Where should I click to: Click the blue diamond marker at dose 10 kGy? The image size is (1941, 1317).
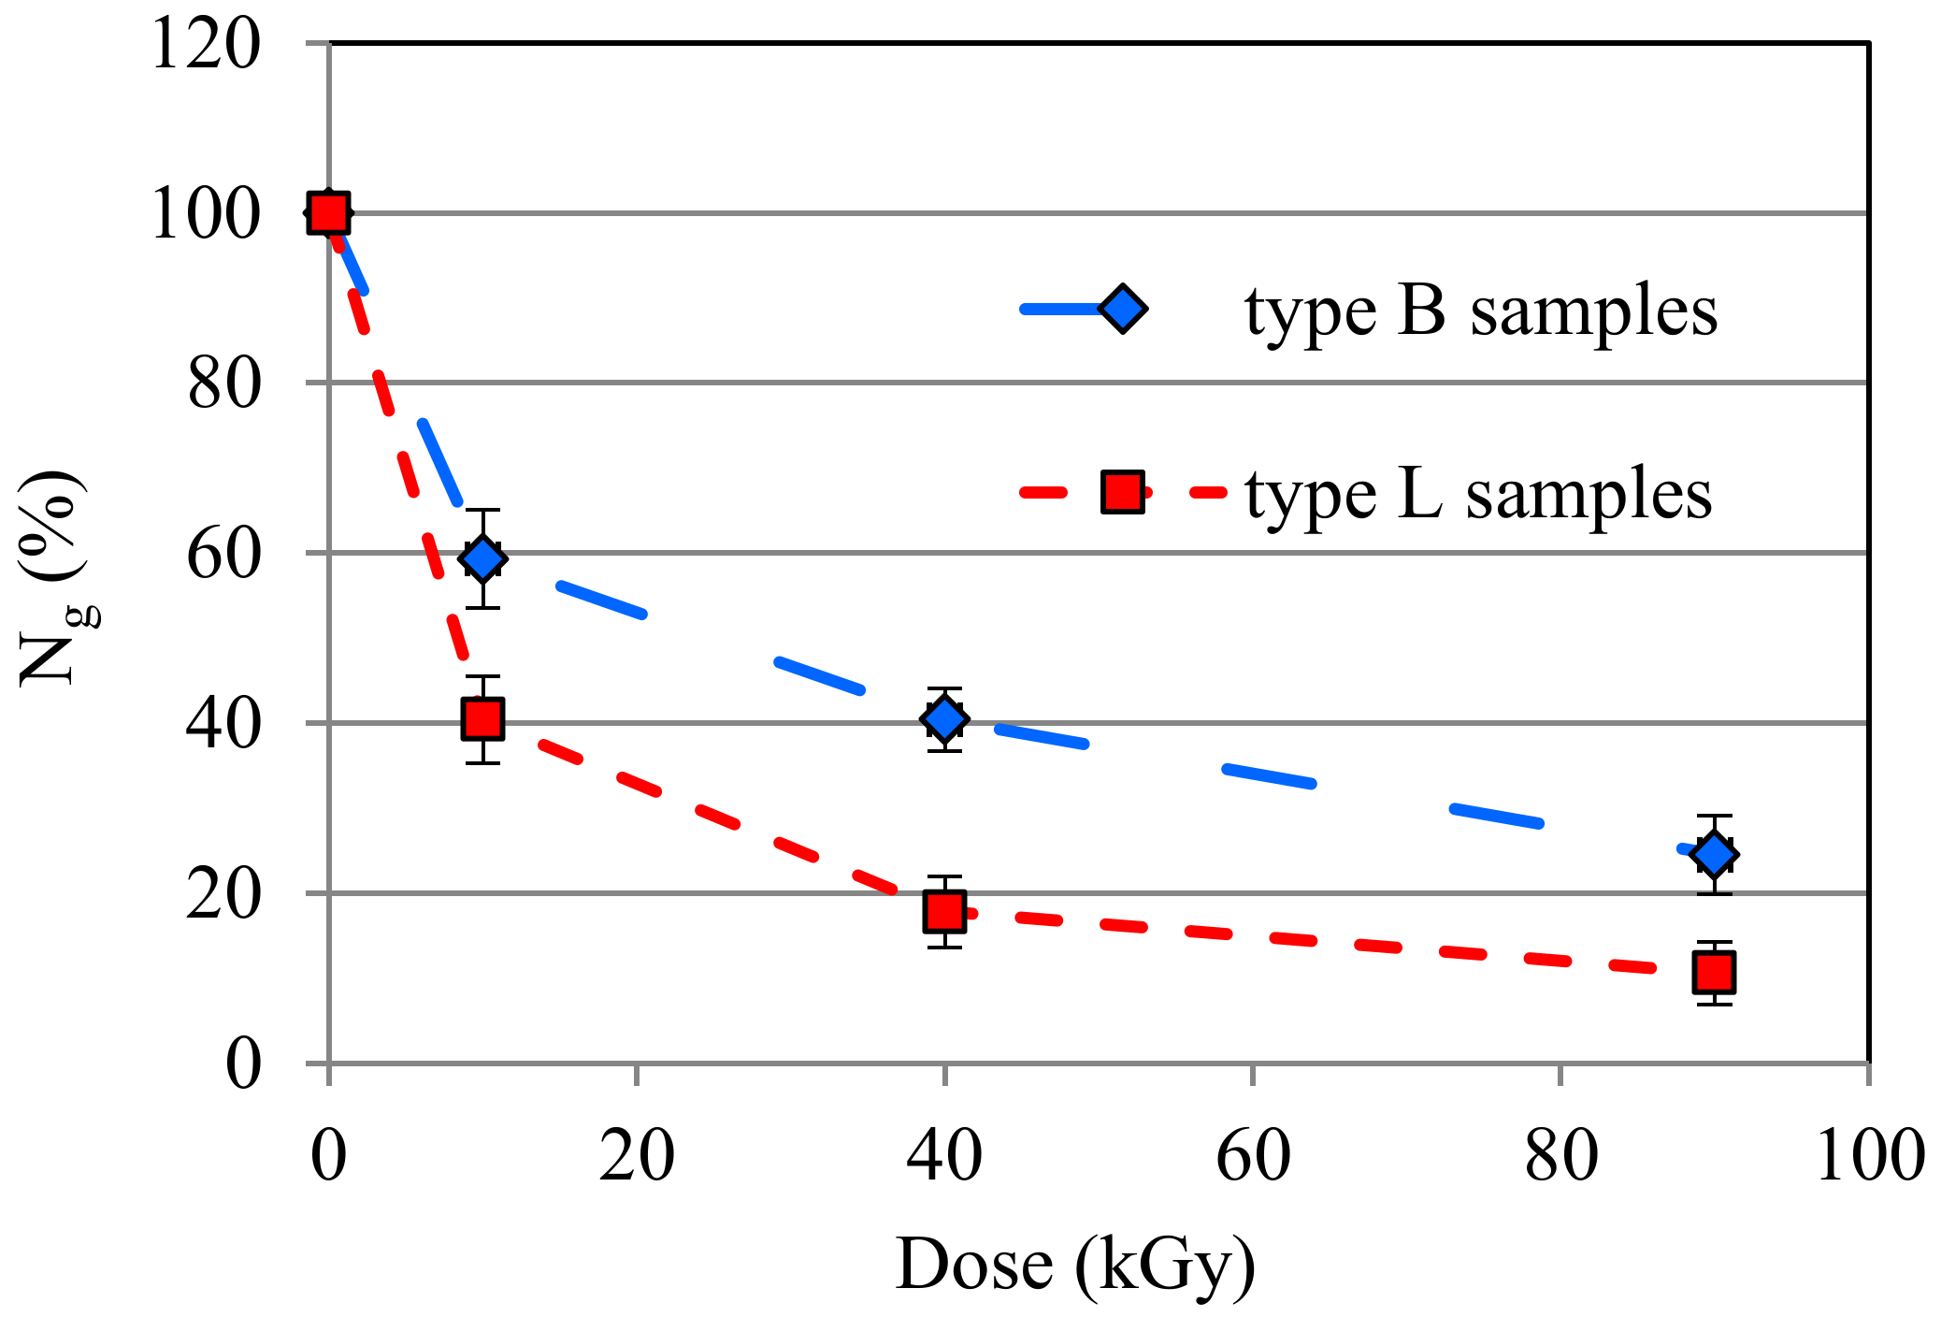(x=482, y=559)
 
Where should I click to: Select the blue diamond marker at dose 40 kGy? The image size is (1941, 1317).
(x=944, y=719)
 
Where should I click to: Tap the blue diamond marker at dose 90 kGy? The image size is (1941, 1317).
(x=1714, y=854)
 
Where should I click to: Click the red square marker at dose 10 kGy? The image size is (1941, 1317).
(x=482, y=719)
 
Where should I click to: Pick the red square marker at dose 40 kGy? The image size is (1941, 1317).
(x=944, y=911)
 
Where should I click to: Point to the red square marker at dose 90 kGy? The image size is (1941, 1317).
(x=1714, y=973)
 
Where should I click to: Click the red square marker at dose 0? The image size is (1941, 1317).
(x=329, y=213)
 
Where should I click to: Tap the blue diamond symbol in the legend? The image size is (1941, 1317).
(x=1123, y=309)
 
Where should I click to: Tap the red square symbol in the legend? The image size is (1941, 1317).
(x=1123, y=492)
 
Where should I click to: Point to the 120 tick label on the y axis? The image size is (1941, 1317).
(x=206, y=45)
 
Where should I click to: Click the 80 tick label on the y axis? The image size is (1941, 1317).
(x=223, y=384)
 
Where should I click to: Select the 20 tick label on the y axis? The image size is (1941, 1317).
(x=223, y=895)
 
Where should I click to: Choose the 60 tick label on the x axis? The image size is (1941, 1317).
(x=1253, y=1156)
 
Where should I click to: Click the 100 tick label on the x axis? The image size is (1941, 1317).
(x=1869, y=1156)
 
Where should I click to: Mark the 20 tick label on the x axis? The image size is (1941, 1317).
(x=637, y=1156)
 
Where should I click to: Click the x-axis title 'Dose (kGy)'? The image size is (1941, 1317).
(x=1075, y=1265)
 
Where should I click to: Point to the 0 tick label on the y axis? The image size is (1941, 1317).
(x=243, y=1064)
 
